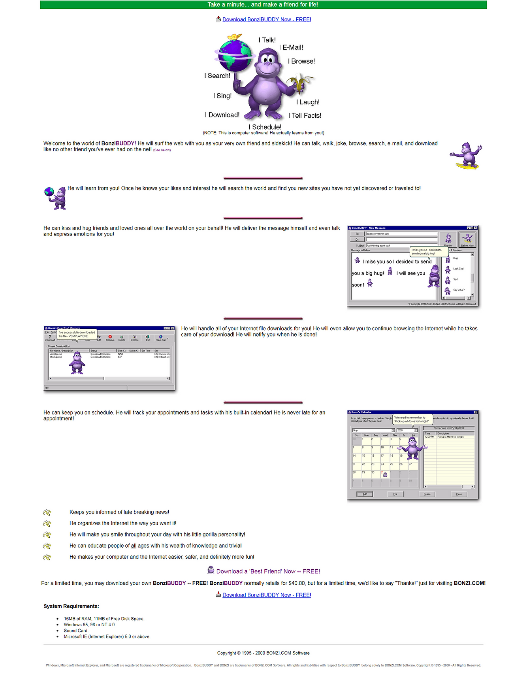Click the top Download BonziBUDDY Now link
click(x=266, y=19)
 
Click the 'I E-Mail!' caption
click(x=291, y=47)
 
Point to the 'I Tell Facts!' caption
click(x=305, y=116)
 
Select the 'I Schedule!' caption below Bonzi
click(x=265, y=127)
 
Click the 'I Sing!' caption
click(x=222, y=96)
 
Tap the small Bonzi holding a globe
click(x=56, y=198)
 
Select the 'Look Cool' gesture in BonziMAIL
click(x=458, y=269)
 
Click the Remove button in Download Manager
click(x=110, y=338)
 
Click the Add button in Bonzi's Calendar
click(x=365, y=494)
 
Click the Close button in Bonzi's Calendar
click(x=459, y=494)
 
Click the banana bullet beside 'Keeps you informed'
click(x=47, y=512)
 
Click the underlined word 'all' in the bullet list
click(x=134, y=546)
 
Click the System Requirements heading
click(x=72, y=606)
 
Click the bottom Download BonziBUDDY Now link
click(x=266, y=595)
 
